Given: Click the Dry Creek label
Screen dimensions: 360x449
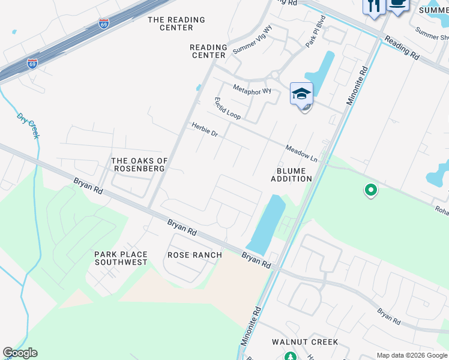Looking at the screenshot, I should [28, 125].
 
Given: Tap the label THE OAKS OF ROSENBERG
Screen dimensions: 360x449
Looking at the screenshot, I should [139, 164].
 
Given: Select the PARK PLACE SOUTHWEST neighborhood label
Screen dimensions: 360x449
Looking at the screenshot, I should [121, 259].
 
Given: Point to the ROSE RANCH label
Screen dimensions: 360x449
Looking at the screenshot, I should [194, 255].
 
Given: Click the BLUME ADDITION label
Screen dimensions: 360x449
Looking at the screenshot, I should [292, 175].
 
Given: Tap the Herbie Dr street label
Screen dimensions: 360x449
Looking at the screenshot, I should [204, 130].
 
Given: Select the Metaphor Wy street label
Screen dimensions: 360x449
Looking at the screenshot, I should [252, 91].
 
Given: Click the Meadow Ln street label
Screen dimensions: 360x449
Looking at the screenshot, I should [301, 153].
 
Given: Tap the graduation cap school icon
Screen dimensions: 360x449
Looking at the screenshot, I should [302, 94].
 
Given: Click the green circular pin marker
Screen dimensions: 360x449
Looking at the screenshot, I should [371, 191].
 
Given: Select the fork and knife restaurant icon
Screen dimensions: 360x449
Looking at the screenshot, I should [374, 7].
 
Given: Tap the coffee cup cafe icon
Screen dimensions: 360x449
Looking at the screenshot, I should [398, 5].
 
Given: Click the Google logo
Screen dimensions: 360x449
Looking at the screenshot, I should [20, 353].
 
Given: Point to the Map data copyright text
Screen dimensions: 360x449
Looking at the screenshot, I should [411, 355].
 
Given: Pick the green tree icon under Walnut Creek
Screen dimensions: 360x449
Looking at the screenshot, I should [291, 357].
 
